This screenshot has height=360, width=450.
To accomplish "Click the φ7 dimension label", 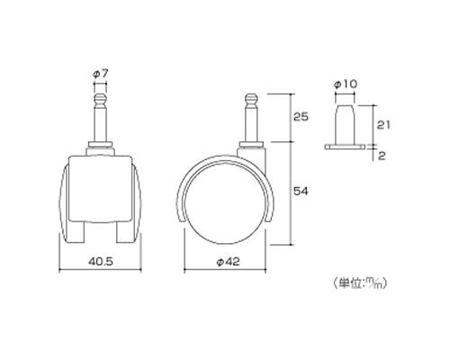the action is coord(100,75).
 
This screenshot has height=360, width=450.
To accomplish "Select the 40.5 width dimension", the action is coord(101,262).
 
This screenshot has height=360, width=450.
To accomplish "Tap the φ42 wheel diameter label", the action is coord(228,262).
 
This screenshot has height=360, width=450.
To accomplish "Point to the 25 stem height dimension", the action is coord(301,117).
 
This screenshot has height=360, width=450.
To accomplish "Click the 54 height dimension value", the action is coord(301,191).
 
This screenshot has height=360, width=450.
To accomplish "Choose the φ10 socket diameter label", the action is coord(346,85).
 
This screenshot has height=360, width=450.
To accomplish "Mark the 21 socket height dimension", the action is coord(383,124).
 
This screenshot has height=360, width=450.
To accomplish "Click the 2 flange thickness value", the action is coord(382,156).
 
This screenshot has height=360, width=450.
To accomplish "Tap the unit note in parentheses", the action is coord(360,283).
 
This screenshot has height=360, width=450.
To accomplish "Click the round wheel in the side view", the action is coord(225,202).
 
